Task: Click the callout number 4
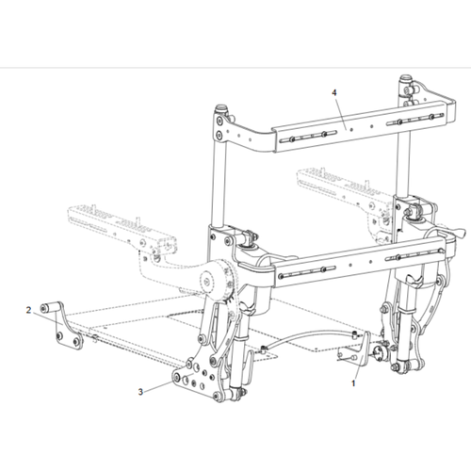click(x=334, y=92)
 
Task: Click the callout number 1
click(x=353, y=383)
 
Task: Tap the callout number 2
click(x=30, y=309)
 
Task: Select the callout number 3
click(x=141, y=390)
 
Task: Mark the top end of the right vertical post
click(x=408, y=81)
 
